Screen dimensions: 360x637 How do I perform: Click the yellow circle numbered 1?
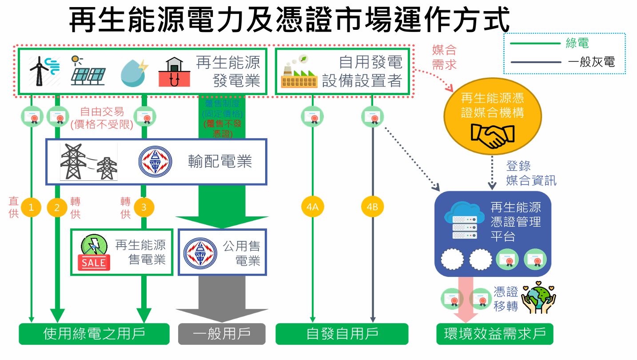(31, 207)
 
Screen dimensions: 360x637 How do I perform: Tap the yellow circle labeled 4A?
(313, 207)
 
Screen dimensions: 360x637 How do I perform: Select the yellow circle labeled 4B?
(372, 207)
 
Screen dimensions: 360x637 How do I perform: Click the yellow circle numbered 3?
(143, 207)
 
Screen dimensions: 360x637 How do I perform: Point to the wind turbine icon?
(43, 71)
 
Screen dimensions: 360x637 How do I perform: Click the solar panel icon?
(88, 71)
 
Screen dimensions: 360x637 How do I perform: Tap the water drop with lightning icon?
(133, 72)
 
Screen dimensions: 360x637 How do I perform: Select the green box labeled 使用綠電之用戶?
(94, 334)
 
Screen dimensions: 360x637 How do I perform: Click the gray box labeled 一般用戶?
(222, 334)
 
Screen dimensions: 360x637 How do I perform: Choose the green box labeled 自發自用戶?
(342, 334)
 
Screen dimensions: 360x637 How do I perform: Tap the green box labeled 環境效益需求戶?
(495, 334)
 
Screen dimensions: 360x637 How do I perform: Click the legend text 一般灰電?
(591, 62)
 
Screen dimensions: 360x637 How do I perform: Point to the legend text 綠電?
(577, 44)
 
